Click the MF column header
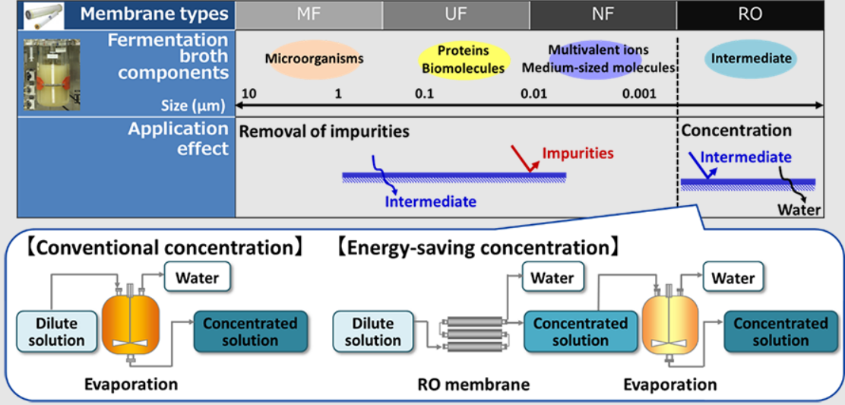coord(309,14)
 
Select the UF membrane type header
coord(456,14)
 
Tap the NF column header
coord(603,14)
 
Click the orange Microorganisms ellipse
coord(314,59)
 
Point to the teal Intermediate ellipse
coord(751,59)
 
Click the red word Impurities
coord(578,153)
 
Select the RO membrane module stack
coord(475,332)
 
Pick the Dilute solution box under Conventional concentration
coord(57,331)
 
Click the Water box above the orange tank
coord(197,278)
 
